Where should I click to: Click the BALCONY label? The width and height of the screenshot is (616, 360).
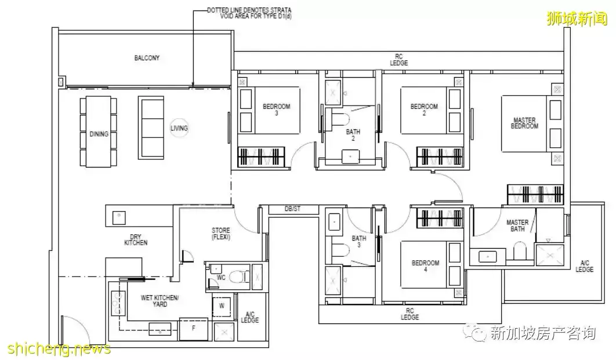pos(147,58)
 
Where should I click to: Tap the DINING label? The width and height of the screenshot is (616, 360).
pos(99,134)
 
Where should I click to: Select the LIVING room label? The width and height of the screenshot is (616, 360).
pos(179,128)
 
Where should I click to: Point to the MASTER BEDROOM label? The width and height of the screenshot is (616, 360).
pos(524,123)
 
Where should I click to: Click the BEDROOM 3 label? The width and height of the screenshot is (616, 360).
pos(276,110)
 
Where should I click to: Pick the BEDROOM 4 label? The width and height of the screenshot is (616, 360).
pos(425,266)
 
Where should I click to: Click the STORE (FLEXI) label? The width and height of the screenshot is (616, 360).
pos(221,234)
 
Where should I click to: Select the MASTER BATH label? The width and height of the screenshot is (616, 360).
pos(517,226)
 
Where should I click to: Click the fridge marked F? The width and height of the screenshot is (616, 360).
pos(193,329)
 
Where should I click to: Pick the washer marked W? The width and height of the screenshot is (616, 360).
pos(222,305)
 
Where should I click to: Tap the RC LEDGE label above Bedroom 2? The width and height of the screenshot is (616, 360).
pos(398,60)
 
